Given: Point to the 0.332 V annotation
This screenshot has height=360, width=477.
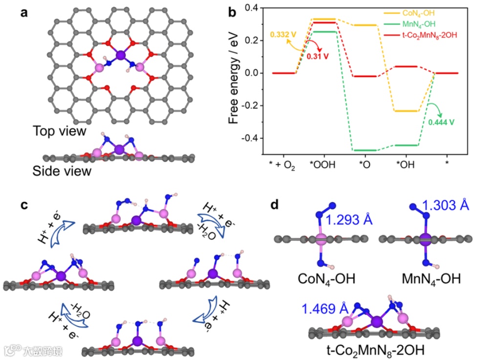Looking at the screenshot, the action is (x=282, y=36).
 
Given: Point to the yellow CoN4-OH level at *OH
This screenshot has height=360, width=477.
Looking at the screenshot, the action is (x=406, y=111).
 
